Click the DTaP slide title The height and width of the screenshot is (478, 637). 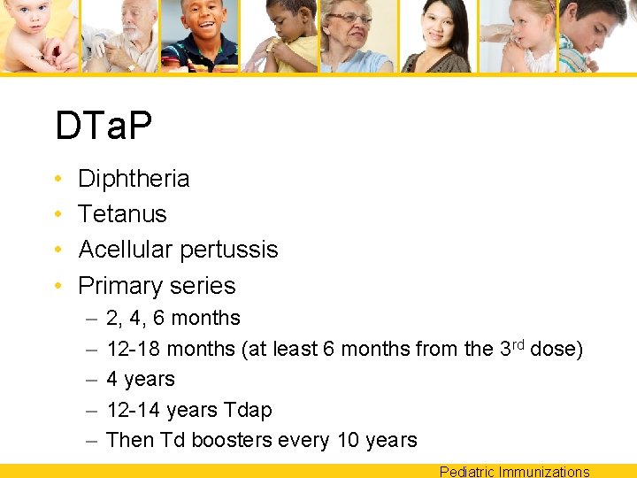click(104, 126)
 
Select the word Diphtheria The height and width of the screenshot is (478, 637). click(134, 179)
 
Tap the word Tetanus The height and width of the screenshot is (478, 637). click(122, 214)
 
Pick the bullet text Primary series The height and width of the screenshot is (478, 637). click(157, 286)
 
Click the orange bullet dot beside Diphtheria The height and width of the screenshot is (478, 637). click(57, 180)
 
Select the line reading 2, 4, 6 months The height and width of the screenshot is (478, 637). click(173, 318)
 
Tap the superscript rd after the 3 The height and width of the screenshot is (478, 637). click(518, 343)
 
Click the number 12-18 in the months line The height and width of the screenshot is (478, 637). click(133, 349)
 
